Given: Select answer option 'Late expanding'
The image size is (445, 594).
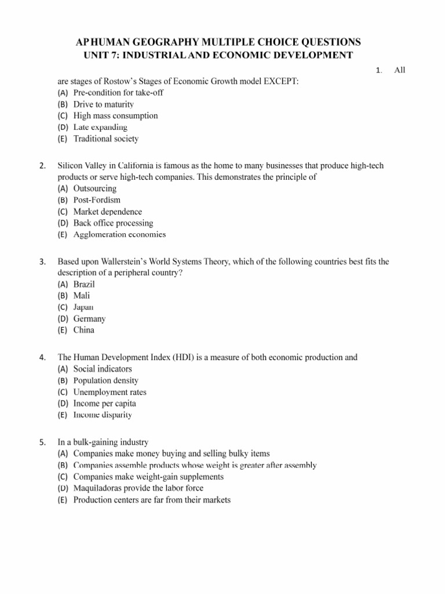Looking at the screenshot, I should (x=100, y=127).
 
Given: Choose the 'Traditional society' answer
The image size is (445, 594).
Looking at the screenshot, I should (x=105, y=139).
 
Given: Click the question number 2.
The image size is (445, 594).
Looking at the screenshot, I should (x=42, y=166).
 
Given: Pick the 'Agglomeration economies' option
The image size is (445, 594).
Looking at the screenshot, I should (x=119, y=234).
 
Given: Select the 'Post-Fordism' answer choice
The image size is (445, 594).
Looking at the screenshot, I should (x=97, y=200).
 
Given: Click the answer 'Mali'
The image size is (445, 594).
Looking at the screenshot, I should (x=82, y=296).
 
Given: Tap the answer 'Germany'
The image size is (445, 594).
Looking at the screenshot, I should (x=89, y=318).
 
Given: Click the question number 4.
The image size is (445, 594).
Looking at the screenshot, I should (x=42, y=357).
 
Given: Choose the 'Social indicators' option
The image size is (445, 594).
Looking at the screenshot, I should (x=103, y=369).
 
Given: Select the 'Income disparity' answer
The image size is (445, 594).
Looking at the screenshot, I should (x=103, y=415).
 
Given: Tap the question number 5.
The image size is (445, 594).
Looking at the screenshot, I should (x=42, y=442).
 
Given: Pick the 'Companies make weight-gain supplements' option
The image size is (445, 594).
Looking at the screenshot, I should (x=148, y=476).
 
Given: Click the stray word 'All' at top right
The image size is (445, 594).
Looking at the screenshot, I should (x=400, y=70).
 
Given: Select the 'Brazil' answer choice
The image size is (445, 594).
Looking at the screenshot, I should (x=84, y=284).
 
